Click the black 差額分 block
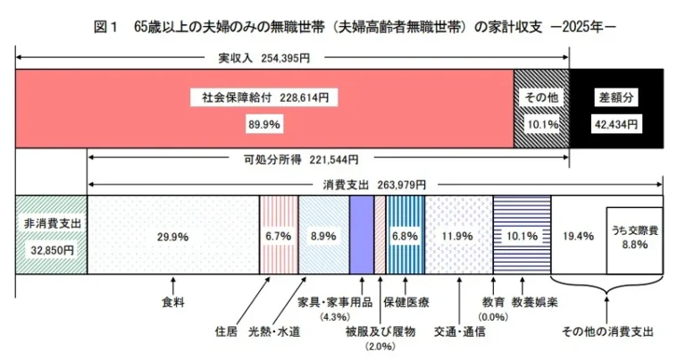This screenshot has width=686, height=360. pyautogui.click(x=616, y=109)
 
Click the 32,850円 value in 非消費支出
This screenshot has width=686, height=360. pyautogui.click(x=50, y=251)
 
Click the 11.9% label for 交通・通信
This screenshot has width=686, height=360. pyautogui.click(x=458, y=236)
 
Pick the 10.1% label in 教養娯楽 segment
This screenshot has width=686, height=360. pyautogui.click(x=521, y=236)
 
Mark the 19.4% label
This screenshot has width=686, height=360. pyautogui.click(x=578, y=236)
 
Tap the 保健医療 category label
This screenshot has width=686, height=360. pyautogui.click(x=406, y=302)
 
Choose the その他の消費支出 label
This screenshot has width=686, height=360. pyautogui.click(x=607, y=331)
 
